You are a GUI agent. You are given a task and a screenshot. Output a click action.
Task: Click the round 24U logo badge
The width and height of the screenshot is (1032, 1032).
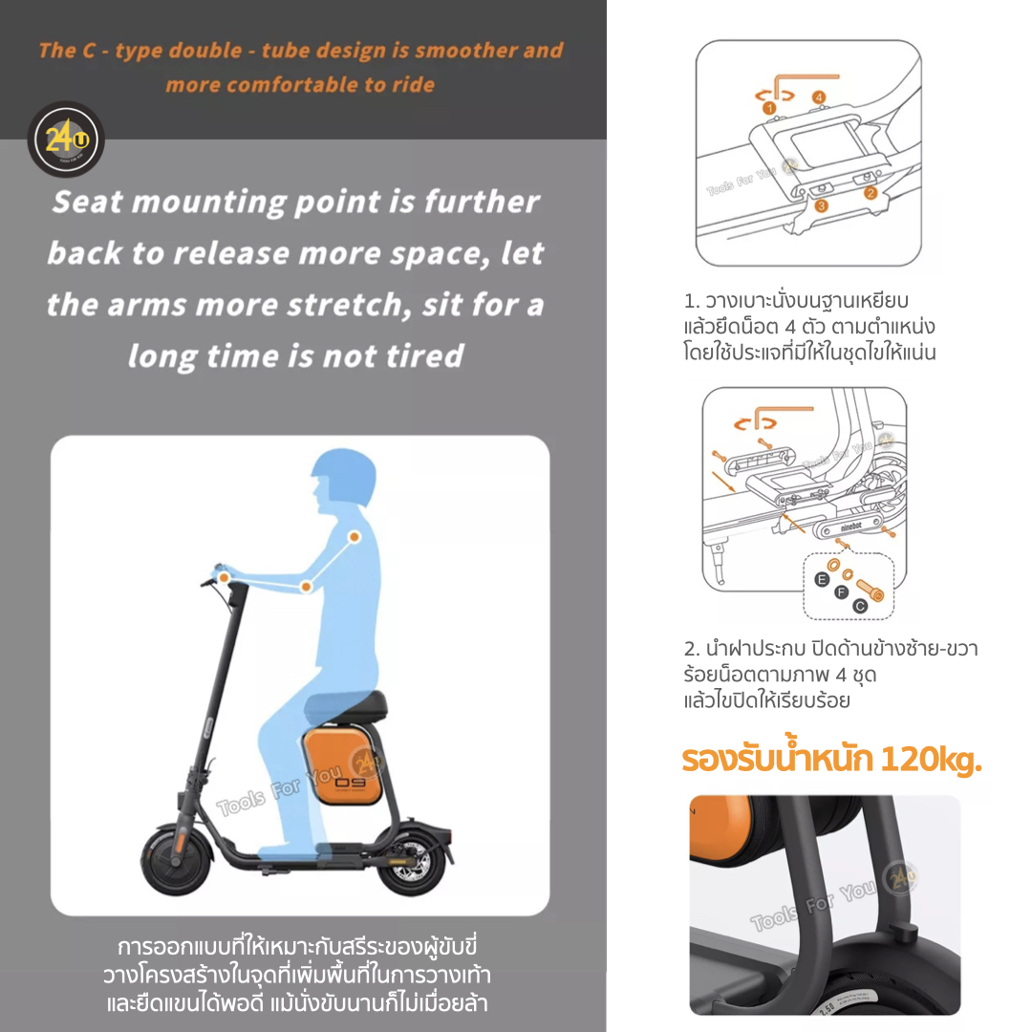[x=66, y=139]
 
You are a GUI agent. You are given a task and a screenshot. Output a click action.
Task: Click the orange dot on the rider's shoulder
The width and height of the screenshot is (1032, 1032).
[x=355, y=537]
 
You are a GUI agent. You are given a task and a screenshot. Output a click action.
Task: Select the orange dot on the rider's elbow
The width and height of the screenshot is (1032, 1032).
[x=306, y=586]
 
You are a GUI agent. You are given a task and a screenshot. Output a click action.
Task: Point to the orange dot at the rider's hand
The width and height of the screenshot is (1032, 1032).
[x=224, y=578]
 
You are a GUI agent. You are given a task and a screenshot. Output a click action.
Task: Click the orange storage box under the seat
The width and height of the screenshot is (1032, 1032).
[x=342, y=764]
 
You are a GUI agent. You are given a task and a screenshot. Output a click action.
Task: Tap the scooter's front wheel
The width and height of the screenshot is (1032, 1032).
[x=176, y=860]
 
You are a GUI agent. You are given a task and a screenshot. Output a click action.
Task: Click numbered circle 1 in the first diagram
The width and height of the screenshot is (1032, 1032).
[x=769, y=108]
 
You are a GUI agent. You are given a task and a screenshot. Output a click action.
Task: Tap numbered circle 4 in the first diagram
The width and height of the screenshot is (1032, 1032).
[x=819, y=97]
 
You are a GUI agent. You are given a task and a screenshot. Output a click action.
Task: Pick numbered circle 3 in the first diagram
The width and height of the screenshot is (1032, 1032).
[x=822, y=206]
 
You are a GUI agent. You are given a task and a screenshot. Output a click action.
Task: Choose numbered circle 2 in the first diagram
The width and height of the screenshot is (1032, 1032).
[x=871, y=193]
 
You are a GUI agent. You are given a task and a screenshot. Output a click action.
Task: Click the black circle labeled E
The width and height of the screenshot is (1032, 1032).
[x=822, y=580]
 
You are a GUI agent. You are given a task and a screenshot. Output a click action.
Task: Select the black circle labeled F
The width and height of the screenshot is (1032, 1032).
[x=841, y=592]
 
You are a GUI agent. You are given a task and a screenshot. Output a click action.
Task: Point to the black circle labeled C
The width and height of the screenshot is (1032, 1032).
[x=860, y=606]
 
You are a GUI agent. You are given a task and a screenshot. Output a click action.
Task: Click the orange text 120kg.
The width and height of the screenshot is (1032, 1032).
[x=932, y=761]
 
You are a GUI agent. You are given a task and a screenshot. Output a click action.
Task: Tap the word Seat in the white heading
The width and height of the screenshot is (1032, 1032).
[x=88, y=202]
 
